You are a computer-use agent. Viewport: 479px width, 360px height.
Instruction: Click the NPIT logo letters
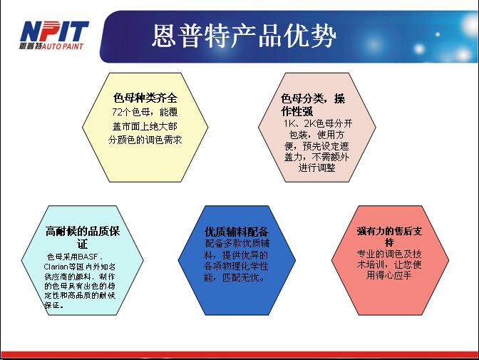point(54,31)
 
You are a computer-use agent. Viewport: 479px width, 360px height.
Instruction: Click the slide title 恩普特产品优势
point(244,36)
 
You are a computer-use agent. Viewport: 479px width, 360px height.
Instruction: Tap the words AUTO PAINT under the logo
point(62,46)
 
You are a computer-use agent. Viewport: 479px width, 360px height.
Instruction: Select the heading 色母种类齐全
point(145,98)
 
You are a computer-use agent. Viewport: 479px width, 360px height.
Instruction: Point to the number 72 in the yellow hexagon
point(117,112)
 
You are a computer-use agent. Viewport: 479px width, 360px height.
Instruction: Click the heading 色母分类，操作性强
point(313,105)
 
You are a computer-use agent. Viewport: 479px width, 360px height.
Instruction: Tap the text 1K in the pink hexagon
point(289,123)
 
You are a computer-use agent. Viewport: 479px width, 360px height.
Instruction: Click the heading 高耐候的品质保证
point(83,237)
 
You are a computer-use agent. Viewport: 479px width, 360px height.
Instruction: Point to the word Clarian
point(56,267)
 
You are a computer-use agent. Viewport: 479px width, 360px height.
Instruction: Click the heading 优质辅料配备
point(237,232)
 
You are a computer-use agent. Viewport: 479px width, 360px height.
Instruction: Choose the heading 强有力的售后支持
point(389,237)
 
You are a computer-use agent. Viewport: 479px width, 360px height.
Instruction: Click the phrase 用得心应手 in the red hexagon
point(389,275)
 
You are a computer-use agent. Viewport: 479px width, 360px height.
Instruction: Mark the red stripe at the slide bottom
point(239,354)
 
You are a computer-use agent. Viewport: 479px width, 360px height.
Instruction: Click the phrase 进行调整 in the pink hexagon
point(316,168)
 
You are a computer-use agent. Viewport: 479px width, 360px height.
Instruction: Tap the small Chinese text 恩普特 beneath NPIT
point(30,46)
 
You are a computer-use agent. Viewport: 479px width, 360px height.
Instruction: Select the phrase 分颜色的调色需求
point(145,140)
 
